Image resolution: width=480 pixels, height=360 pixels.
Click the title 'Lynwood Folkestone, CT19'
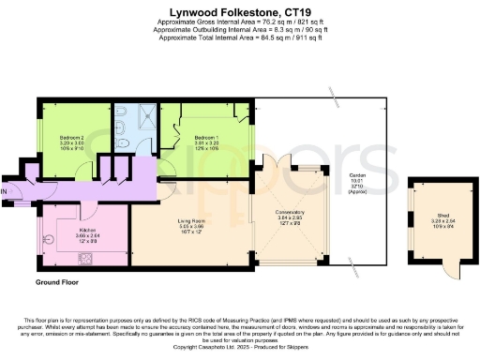[x=240, y=8]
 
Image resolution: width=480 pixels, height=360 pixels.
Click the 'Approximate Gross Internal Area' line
[x=240, y=21]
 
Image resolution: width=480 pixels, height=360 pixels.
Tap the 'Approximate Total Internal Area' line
[x=240, y=37]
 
